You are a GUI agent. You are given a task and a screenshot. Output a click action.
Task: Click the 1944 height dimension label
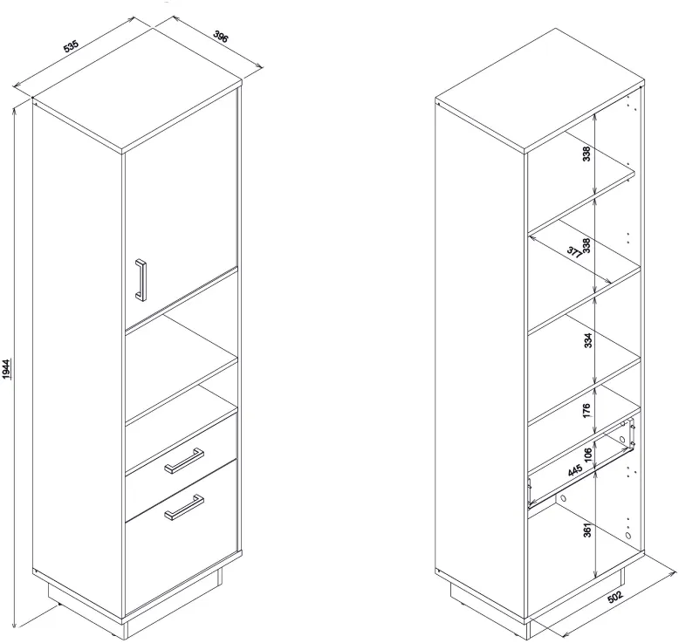[x=7, y=369]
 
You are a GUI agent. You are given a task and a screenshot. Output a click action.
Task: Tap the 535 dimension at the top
[x=71, y=46]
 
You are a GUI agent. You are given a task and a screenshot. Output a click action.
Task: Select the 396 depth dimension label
[x=221, y=37]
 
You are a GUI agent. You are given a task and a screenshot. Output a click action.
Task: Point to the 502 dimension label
[x=615, y=596]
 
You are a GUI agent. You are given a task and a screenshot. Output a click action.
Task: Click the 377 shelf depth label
[x=575, y=252]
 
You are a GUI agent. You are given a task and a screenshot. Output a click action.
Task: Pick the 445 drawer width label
[x=574, y=470]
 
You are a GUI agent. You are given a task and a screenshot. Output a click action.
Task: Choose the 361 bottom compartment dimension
[x=586, y=530]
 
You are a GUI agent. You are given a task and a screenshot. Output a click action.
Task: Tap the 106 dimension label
[x=587, y=455]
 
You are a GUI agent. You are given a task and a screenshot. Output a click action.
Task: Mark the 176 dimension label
[x=586, y=410]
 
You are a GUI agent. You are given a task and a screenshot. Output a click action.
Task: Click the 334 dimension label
[x=587, y=340]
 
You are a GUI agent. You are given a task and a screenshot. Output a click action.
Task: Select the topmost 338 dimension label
[x=586, y=154]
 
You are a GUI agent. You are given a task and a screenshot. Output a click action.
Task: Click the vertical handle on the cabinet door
[x=141, y=280]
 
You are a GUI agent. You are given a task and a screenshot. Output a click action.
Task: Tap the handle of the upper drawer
[x=184, y=461]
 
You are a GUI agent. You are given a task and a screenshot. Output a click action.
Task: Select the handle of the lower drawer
[x=184, y=507]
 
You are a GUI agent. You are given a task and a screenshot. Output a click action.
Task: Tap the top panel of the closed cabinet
[x=137, y=91]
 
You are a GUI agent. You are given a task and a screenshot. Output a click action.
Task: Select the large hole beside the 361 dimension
[x=628, y=535]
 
